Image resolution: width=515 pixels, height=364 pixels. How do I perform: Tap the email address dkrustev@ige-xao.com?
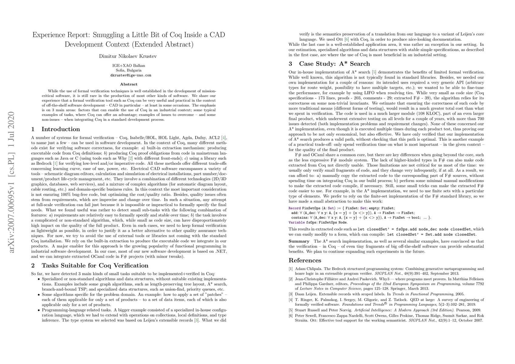pos(129,75)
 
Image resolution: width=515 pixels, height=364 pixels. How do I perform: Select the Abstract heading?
pos(129,84)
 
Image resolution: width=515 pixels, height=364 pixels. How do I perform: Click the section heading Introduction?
pos(61,129)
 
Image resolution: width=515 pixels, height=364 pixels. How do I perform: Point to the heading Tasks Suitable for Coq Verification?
pos(95,266)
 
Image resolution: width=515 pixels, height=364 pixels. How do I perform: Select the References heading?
pos(305,260)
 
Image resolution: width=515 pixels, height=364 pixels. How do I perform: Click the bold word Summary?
pos(299,241)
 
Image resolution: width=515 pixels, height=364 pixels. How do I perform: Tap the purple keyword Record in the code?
pos(294,208)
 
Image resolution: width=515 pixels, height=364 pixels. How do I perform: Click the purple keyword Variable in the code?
pos(296,222)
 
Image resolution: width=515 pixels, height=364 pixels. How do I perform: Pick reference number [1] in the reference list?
pos(291,269)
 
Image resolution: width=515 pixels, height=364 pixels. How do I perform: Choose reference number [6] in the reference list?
pos(291,315)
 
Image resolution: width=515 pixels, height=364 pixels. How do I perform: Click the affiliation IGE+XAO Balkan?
pos(129,66)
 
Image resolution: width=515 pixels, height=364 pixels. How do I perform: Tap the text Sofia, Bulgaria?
pos(129,70)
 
